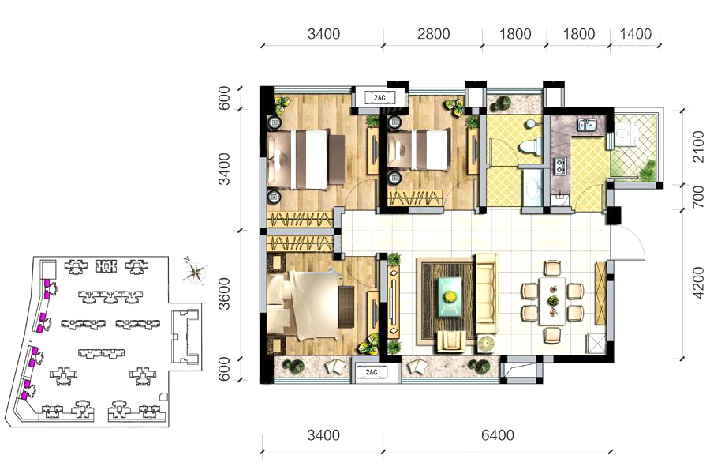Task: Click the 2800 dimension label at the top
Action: pos(433,34)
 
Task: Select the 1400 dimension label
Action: pos(635,34)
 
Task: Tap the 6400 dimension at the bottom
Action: pos(498,435)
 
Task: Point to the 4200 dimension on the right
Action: pos(699,283)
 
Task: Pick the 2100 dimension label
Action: pos(699,146)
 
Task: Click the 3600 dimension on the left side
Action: pos(225,293)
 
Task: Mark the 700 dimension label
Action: pos(699,196)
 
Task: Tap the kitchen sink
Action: pos(587,124)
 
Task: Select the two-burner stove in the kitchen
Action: pos(560,165)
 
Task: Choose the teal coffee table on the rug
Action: pos(450,297)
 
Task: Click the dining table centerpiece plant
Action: pos(553,300)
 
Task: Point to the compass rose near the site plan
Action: pos(196,272)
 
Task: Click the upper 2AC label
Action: pos(379,97)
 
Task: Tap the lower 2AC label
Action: pos(371,373)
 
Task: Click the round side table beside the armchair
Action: pos(486,344)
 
